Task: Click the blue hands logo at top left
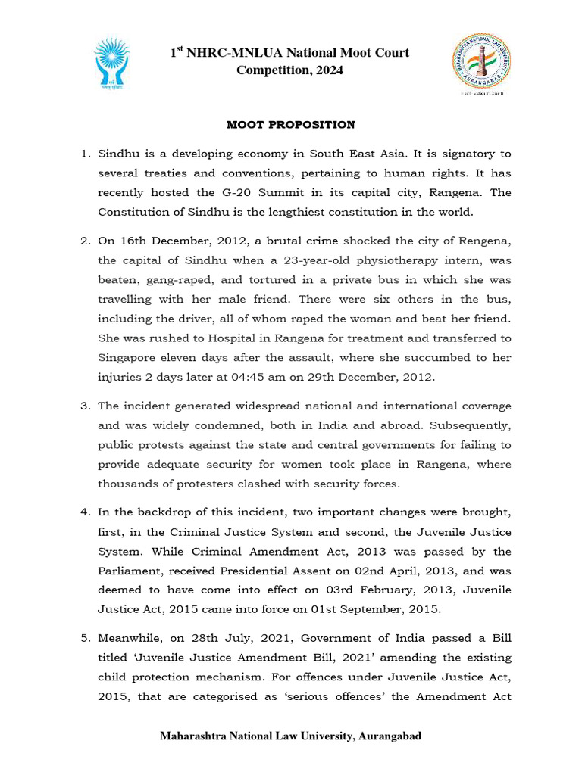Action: [x=111, y=62]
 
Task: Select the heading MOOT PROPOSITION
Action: [x=291, y=124]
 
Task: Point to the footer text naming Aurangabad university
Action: [x=290, y=736]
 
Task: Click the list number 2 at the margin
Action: [x=85, y=241]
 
